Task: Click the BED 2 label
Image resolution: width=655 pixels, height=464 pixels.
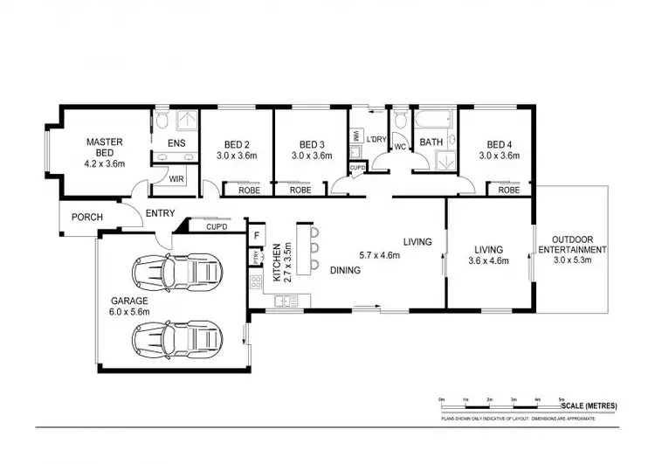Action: [x=237, y=145]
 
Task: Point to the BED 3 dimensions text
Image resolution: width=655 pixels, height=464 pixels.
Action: [x=312, y=156]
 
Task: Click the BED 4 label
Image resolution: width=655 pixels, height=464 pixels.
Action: [x=499, y=145]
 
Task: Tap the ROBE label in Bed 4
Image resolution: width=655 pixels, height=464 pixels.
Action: [x=507, y=190]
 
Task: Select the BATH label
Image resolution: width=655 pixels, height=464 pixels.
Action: [x=431, y=142]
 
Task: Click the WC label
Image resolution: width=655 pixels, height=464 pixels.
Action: [x=400, y=146]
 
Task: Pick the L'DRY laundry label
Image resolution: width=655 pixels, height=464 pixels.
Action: [x=376, y=140]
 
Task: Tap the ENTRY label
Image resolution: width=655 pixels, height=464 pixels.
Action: [x=160, y=212]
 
